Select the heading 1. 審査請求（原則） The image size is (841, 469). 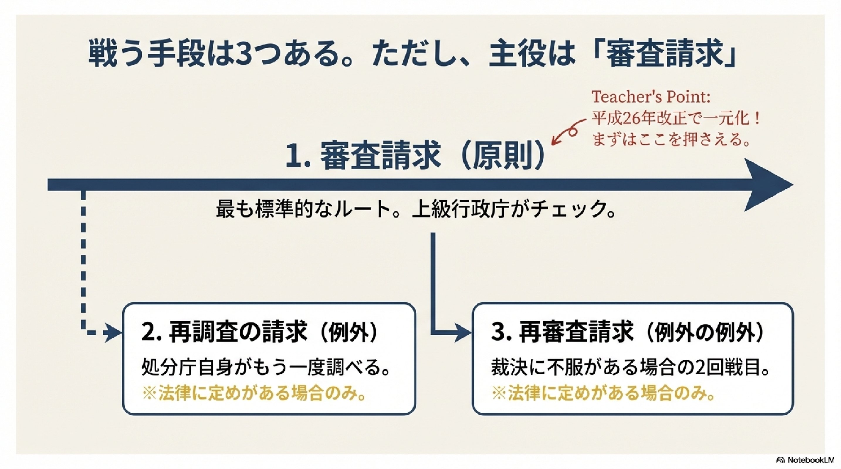(x=414, y=156)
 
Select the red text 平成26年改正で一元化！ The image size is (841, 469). (x=676, y=118)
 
